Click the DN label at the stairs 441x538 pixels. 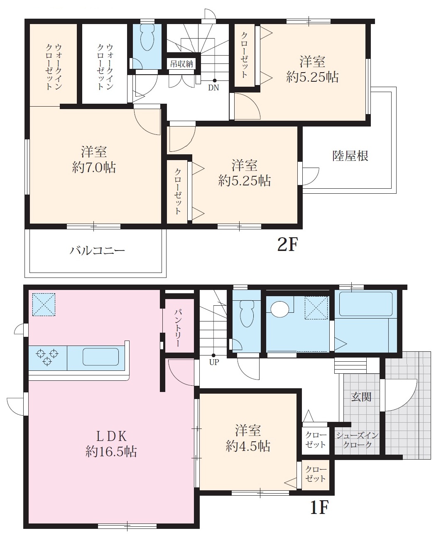(x=213, y=88)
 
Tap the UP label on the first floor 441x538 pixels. (x=214, y=362)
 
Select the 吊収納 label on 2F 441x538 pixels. (x=181, y=64)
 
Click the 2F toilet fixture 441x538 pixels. (x=147, y=38)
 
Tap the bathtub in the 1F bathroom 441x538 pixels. (x=366, y=304)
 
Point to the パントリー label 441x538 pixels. (x=178, y=328)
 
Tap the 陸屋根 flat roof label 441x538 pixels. (x=350, y=156)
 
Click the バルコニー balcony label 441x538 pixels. (x=97, y=251)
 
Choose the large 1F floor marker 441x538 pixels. (x=319, y=507)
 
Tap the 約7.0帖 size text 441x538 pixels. (x=94, y=168)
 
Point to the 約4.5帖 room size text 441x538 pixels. (x=248, y=446)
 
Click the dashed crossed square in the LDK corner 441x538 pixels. (x=44, y=304)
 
